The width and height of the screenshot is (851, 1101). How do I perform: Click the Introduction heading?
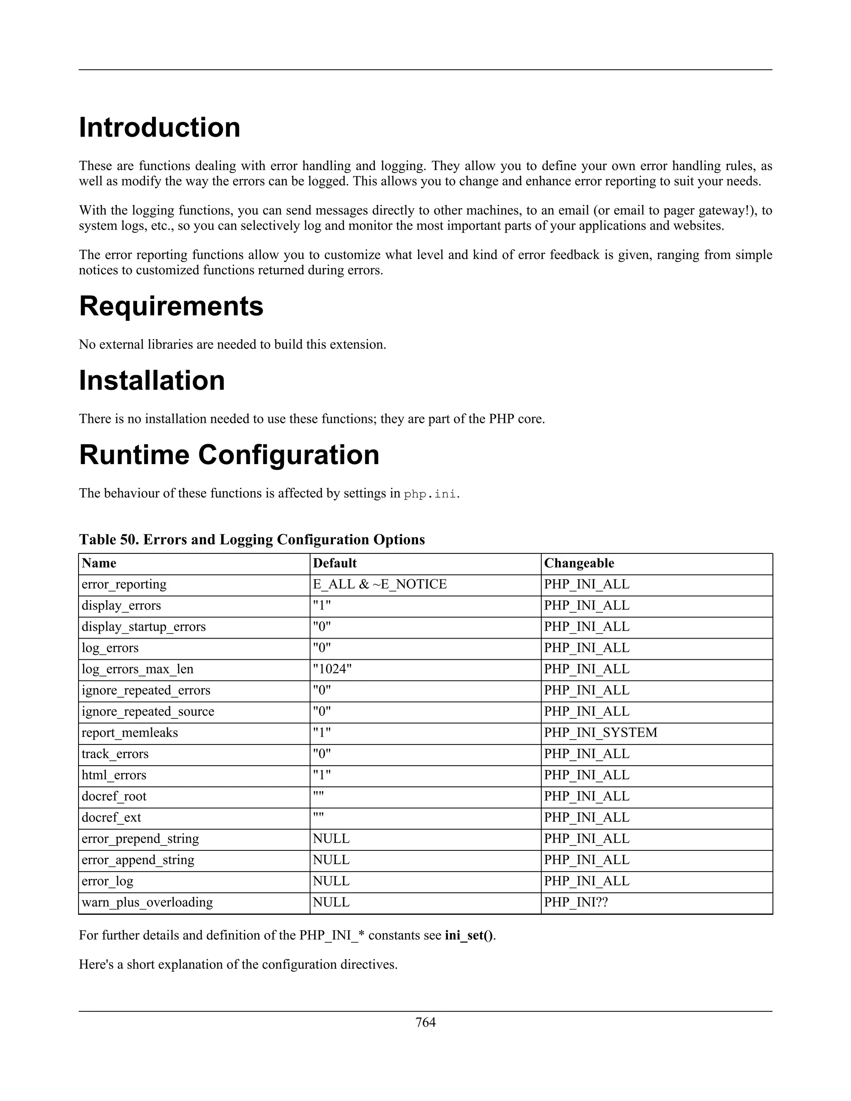tap(159, 127)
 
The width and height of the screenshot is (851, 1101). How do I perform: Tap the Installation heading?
tap(152, 380)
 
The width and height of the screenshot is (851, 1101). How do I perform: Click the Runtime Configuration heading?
tap(229, 455)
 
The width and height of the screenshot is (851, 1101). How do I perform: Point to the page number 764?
tap(425, 1022)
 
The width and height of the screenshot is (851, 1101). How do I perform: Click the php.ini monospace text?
tap(431, 494)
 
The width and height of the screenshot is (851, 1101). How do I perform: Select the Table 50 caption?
tap(251, 539)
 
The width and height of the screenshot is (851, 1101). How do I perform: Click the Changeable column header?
tap(579, 563)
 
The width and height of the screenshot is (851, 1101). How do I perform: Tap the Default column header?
tap(335, 563)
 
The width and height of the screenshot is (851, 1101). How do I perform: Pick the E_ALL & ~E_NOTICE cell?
tap(380, 584)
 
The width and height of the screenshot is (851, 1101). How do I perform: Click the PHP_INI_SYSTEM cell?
tap(600, 732)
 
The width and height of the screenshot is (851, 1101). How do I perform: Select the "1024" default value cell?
tap(332, 669)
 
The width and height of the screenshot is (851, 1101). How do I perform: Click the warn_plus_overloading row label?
tap(147, 902)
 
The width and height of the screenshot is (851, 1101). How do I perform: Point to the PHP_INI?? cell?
tap(576, 902)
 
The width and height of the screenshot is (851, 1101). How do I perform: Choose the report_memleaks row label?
tap(130, 732)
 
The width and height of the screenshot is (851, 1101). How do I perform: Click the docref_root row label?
tap(114, 796)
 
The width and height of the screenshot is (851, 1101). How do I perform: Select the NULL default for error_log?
tap(331, 881)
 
